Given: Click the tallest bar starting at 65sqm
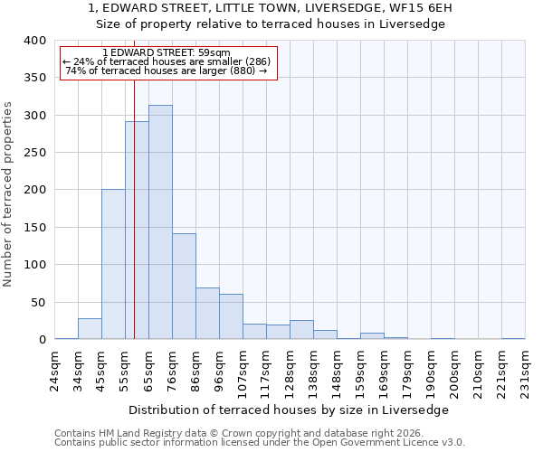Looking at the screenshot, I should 160,222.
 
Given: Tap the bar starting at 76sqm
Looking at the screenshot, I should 184,287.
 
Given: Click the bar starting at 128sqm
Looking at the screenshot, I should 301,330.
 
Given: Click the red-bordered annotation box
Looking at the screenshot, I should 168,62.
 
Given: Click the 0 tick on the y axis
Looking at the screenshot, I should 42,340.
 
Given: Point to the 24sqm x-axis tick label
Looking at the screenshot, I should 55,365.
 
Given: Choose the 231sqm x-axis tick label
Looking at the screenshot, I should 526,365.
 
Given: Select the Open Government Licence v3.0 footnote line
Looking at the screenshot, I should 260,443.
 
